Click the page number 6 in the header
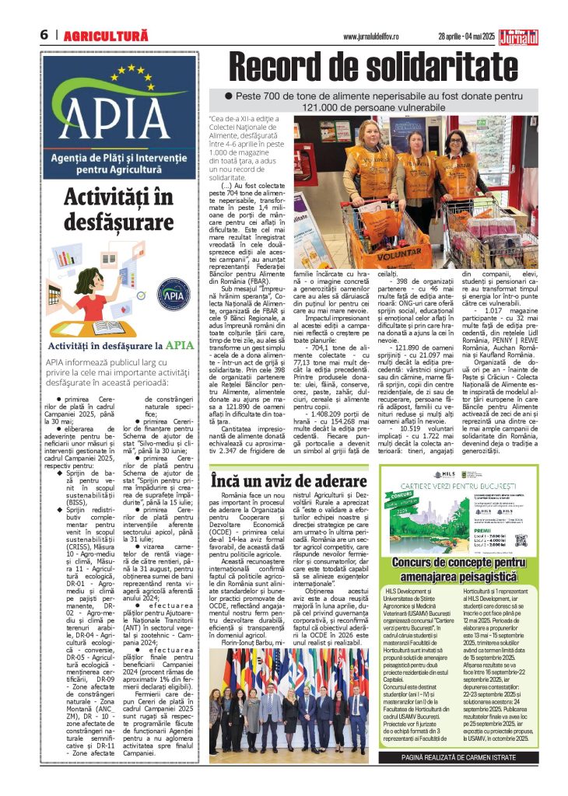pyautogui.click(x=44, y=35)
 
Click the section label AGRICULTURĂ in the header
pyautogui.click(x=105, y=36)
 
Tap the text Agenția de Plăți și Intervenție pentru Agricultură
pyautogui.click(x=108, y=160)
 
